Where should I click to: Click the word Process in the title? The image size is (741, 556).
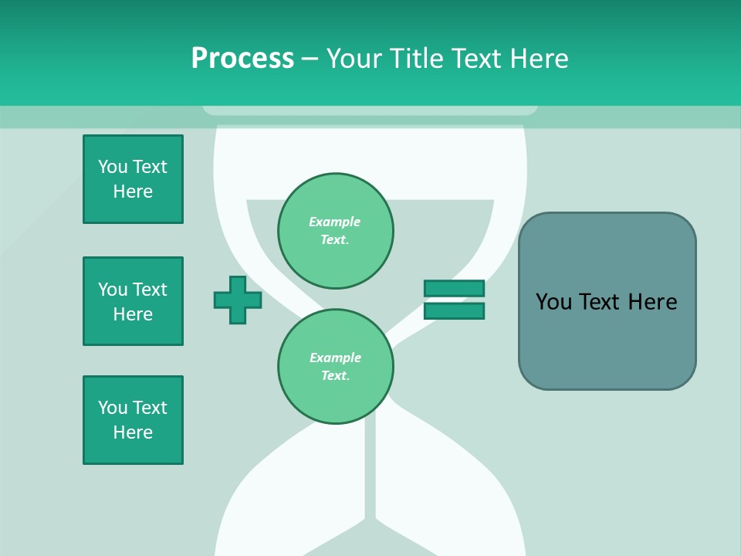(x=242, y=59)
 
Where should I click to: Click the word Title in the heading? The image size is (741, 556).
(x=414, y=59)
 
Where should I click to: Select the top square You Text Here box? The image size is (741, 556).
(x=133, y=179)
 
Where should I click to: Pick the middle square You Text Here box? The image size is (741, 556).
(x=133, y=301)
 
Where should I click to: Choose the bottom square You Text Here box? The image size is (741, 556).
(x=133, y=420)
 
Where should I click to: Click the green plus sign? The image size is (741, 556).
(x=238, y=300)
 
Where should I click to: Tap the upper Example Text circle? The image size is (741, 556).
(x=336, y=231)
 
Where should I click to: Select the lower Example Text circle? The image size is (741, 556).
(x=336, y=367)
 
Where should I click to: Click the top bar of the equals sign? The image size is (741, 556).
(x=454, y=288)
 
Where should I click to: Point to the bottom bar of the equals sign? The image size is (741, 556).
(x=454, y=310)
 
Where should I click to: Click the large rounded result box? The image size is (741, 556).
(x=607, y=340)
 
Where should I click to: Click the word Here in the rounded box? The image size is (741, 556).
(x=652, y=302)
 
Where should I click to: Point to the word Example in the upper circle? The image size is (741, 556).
(x=335, y=222)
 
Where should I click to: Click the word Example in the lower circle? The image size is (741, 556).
(x=335, y=358)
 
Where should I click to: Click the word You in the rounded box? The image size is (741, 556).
(x=553, y=302)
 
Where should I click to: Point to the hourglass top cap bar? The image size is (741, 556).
(x=370, y=110)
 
